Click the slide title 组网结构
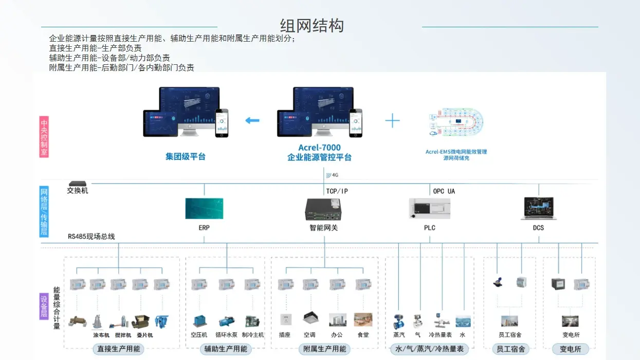pyautogui.click(x=312, y=25)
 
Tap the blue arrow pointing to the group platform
pyautogui.click(x=252, y=121)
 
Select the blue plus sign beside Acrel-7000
pyautogui.click(x=392, y=121)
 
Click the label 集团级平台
pyautogui.click(x=185, y=156)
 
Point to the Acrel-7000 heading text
pyautogui.click(x=319, y=148)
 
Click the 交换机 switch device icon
pyautogui.click(x=78, y=184)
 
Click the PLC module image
pyautogui.click(x=429, y=209)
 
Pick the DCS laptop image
pyautogui.click(x=538, y=208)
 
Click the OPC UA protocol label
pyautogui.click(x=444, y=191)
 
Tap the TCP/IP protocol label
pyautogui.click(x=337, y=191)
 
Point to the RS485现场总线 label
pyautogui.click(x=92, y=237)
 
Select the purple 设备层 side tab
pyautogui.click(x=44, y=306)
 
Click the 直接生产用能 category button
pyautogui.click(x=119, y=349)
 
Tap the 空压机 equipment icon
pyautogui.click(x=199, y=321)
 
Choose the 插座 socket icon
pyautogui.click(x=285, y=319)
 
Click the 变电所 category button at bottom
pyautogui.click(x=570, y=349)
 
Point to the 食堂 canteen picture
pyautogui.click(x=363, y=319)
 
